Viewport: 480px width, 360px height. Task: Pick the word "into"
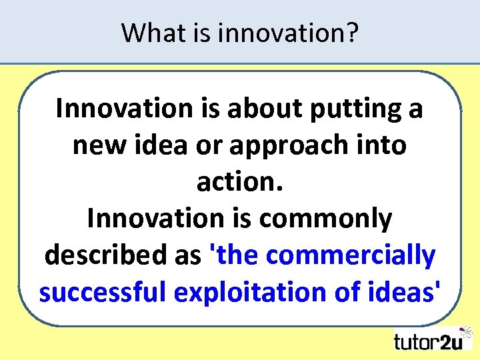pyautogui.click(x=382, y=145)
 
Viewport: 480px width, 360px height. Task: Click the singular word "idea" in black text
pyautogui.click(x=160, y=145)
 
